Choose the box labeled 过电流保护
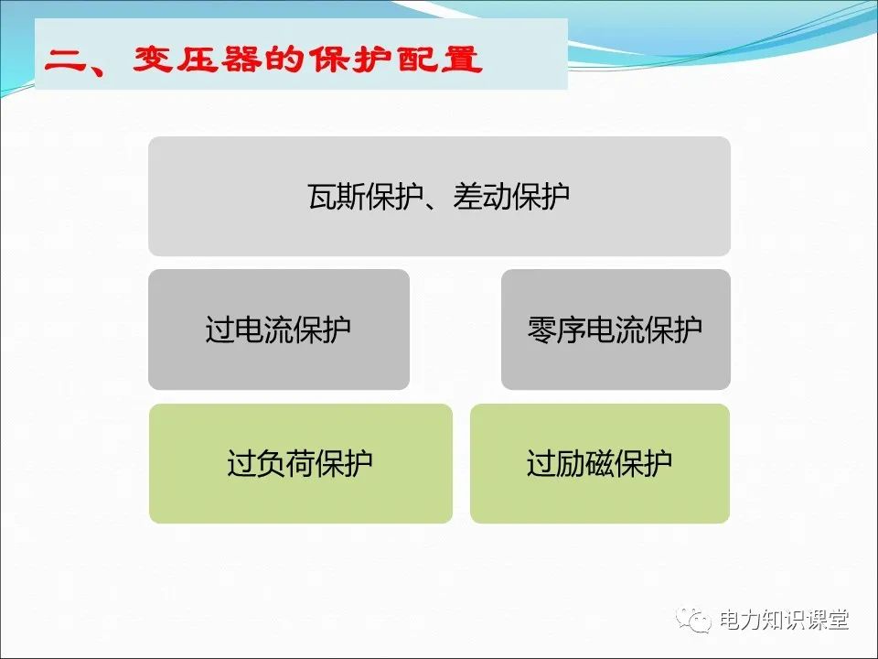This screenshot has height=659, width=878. tap(278, 329)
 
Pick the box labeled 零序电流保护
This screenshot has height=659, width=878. tap(616, 329)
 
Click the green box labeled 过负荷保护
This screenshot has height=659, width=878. tap(300, 463)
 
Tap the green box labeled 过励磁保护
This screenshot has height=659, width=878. tap(599, 463)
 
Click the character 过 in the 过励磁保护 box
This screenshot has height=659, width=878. tap(541, 463)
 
